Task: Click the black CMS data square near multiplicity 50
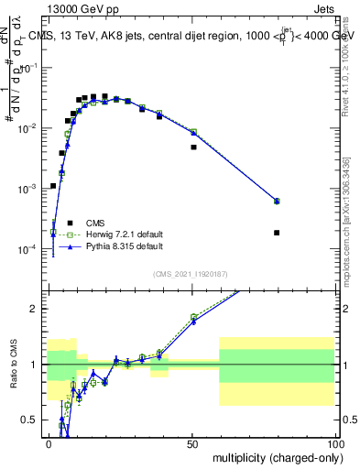[193, 147]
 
